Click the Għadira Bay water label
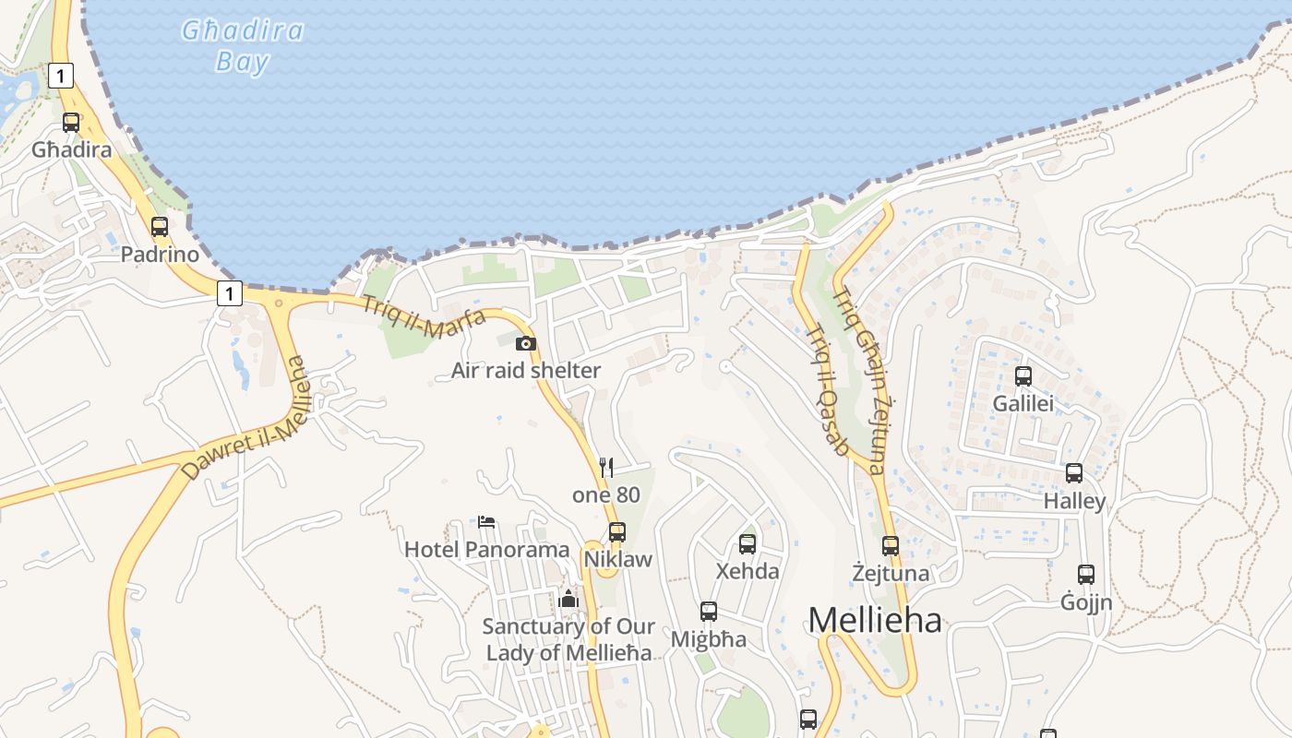(242, 45)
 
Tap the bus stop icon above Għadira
(71, 122)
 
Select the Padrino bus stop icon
(160, 226)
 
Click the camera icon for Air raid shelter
(526, 343)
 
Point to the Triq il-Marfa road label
(424, 316)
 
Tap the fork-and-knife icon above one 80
(606, 467)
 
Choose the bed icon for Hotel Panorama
(487, 522)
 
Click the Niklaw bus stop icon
(617, 531)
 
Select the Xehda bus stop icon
(748, 543)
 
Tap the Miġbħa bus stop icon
(709, 611)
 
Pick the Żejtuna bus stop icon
(891, 545)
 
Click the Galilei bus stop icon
(1023, 375)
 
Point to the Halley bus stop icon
(1074, 472)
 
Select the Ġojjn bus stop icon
(1086, 574)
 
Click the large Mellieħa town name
(875, 620)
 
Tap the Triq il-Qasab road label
(827, 389)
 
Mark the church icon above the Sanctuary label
(568, 600)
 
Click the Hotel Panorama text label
(487, 550)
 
